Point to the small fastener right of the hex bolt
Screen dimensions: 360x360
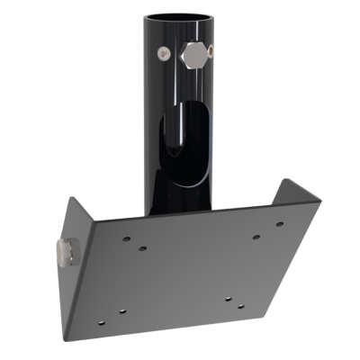pyautogui.click(x=210, y=52)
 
